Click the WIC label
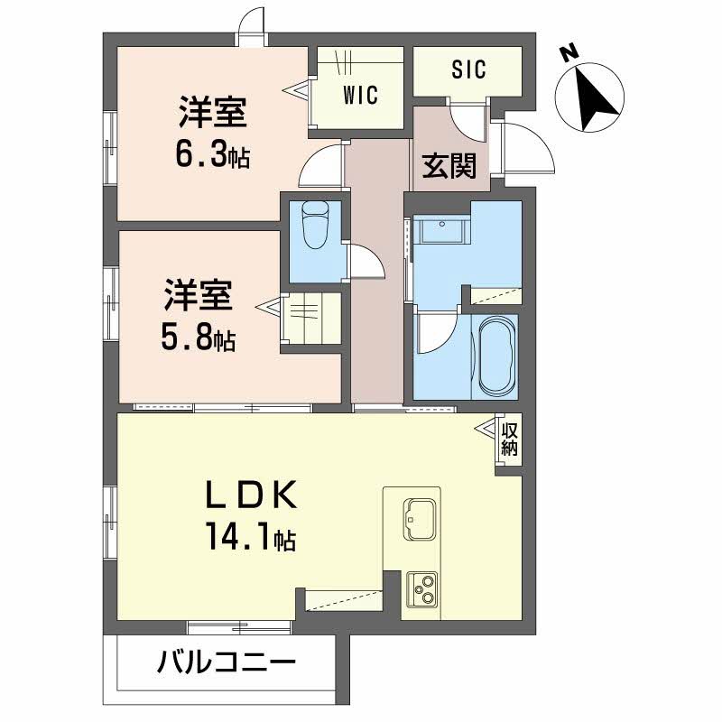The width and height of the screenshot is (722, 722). coord(359,94)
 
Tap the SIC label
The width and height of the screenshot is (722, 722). coord(468,69)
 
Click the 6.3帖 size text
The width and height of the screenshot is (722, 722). coord(213,156)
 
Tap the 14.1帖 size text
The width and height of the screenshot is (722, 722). coord(249,540)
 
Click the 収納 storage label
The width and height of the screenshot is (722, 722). coord(510,438)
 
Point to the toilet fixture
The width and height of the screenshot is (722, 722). coord(315,227)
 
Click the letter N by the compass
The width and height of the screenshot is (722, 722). coord(569,53)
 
